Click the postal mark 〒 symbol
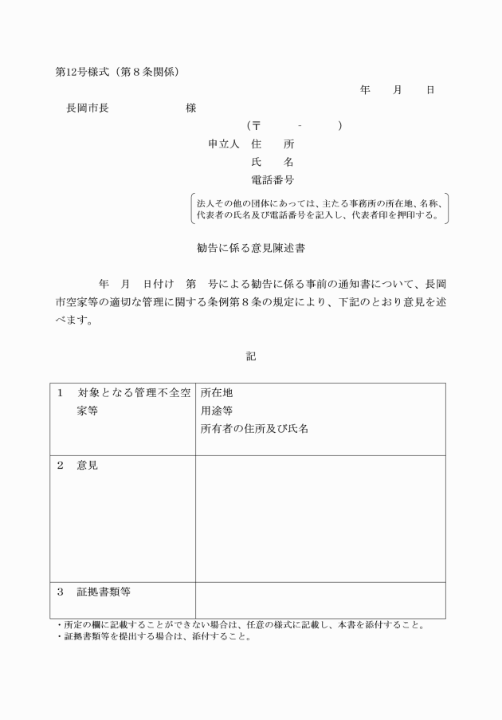pyautogui.click(x=257, y=126)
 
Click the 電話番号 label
pyautogui.click(x=272, y=180)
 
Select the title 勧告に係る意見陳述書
pyautogui.click(x=251, y=249)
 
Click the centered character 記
pyautogui.click(x=251, y=356)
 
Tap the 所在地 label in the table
pyautogui.click(x=217, y=393)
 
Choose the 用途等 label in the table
pyautogui.click(x=217, y=411)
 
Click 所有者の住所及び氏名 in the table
pyautogui.click(x=254, y=428)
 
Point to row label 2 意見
pyautogui.click(x=78, y=465)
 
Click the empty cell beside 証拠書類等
pyautogui.click(x=320, y=600)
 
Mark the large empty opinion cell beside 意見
pyautogui.click(x=320, y=518)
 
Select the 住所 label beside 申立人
pyautogui.click(x=272, y=144)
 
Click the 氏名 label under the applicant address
pyautogui.click(x=272, y=162)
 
